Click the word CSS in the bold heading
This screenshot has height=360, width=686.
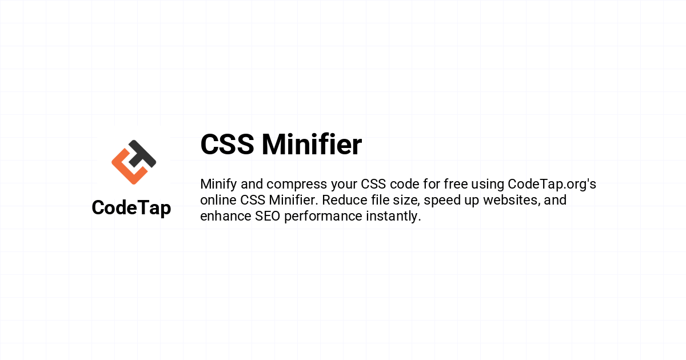pos(228,144)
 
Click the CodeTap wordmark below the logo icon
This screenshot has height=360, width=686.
pos(131,208)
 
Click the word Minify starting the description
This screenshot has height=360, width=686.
pos(218,185)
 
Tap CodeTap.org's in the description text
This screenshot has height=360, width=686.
pos(552,185)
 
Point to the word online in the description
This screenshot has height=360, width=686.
pos(218,200)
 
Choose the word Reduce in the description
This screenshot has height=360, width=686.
pos(345,200)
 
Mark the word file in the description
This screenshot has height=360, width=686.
pos(379,200)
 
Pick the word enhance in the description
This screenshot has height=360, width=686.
pos(226,216)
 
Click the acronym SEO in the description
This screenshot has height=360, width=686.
pos(268,216)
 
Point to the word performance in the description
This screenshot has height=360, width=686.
pos(323,217)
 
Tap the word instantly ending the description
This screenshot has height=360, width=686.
pos(393,217)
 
